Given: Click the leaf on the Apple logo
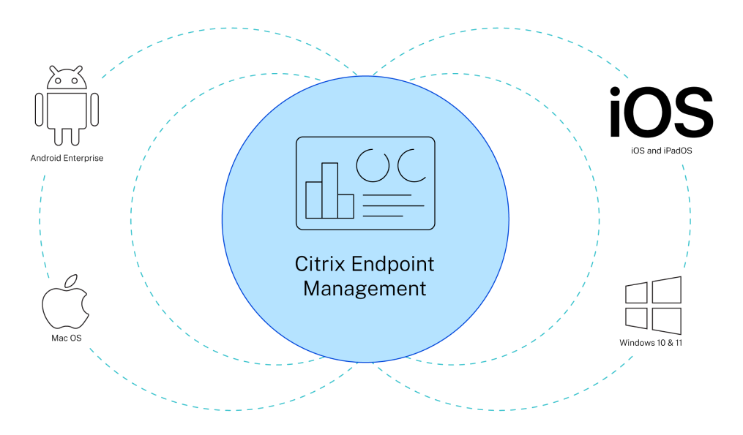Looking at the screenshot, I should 71,280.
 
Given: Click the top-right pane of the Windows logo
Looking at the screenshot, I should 666,290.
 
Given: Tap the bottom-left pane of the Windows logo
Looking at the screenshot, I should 636,318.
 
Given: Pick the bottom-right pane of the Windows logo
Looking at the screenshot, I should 666,321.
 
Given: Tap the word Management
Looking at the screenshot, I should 365,288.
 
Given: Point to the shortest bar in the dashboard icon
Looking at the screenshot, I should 346,205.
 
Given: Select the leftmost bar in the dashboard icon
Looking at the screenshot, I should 314,200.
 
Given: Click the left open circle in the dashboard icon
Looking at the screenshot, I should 373,166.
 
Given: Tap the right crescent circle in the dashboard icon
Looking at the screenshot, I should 411,166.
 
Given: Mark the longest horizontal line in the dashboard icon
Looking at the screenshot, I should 393,205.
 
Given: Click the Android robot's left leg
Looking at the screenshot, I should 57,137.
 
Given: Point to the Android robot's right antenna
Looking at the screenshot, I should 80,68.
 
